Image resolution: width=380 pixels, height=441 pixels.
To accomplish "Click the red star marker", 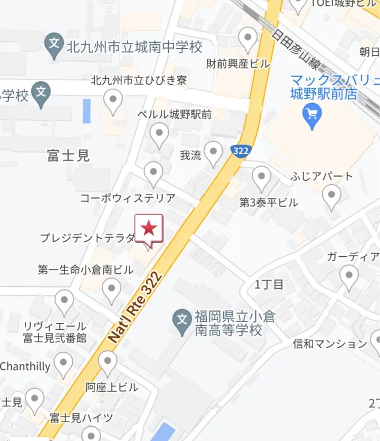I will pyautogui.click(x=148, y=228).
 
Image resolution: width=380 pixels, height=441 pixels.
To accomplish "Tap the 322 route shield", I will pyautogui.click(x=241, y=150).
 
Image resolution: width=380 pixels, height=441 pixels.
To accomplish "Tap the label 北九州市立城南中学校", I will pyautogui.click(x=134, y=48).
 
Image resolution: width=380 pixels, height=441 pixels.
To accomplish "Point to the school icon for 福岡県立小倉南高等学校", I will pyautogui.click(x=181, y=319).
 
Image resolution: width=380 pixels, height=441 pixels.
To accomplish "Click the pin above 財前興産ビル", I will pyautogui.click(x=248, y=39).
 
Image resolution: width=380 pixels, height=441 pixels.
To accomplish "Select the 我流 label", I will pyautogui.click(x=191, y=156).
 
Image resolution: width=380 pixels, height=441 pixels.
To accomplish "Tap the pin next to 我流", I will pyautogui.click(x=214, y=152).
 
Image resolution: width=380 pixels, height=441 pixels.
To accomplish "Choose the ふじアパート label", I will pyautogui.click(x=322, y=177).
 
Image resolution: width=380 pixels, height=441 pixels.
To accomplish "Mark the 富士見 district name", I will pyautogui.click(x=68, y=155).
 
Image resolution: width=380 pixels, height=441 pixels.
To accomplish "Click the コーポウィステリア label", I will pyautogui.click(x=128, y=198).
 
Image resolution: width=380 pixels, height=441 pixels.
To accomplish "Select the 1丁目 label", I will pyautogui.click(x=269, y=284).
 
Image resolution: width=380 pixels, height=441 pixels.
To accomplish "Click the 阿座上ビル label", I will pyautogui.click(x=111, y=387).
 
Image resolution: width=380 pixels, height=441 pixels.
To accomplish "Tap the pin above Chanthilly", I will pyautogui.click(x=63, y=364).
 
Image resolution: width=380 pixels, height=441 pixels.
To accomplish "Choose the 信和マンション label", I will pyautogui.click(x=330, y=344).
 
